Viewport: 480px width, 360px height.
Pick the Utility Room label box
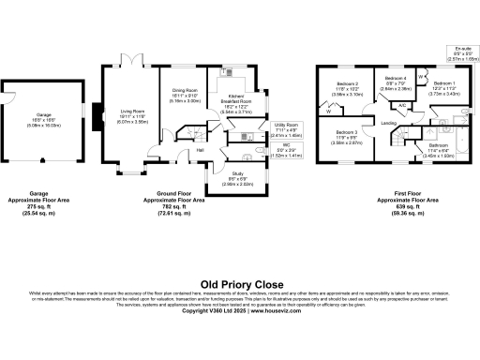pos(286,129)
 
